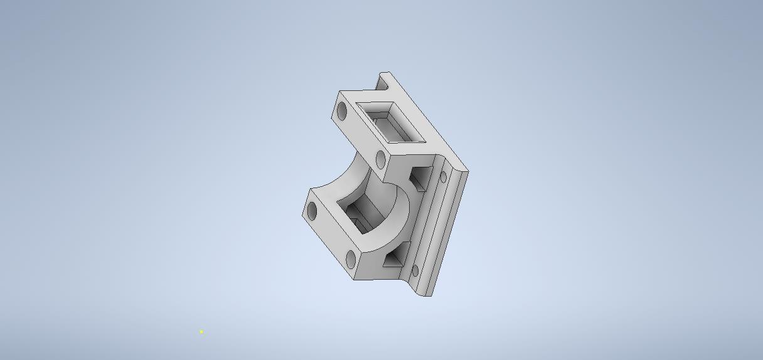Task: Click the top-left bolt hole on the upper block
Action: tap(342, 112)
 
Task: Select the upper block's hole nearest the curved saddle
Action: tap(381, 159)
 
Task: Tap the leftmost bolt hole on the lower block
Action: tap(312, 212)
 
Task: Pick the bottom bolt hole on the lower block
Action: tap(351, 258)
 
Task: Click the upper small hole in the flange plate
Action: tap(443, 177)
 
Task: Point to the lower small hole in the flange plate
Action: tap(415, 271)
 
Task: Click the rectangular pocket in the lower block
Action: tap(361, 213)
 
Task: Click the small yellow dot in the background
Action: tap(201, 332)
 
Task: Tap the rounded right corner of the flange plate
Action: tap(465, 171)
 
